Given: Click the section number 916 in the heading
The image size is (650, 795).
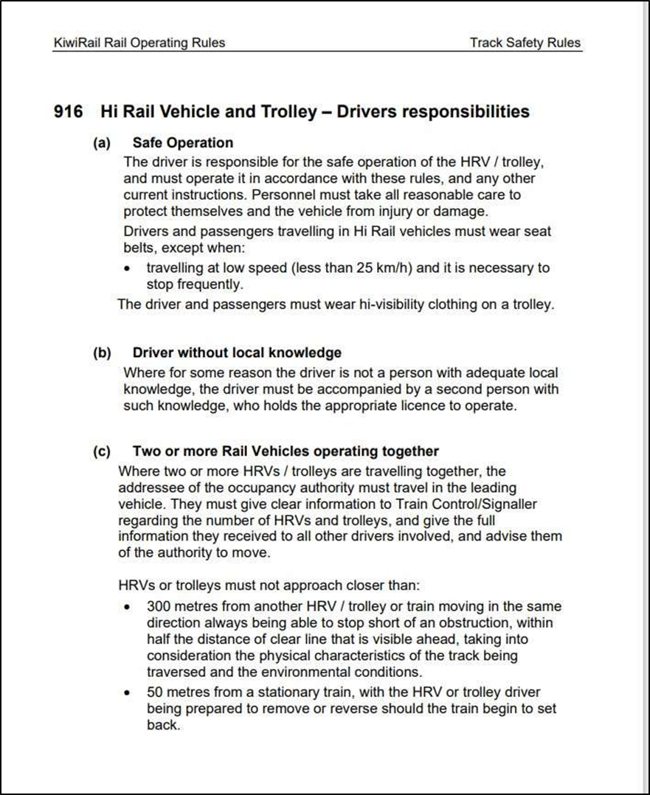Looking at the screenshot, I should pyautogui.click(x=70, y=112).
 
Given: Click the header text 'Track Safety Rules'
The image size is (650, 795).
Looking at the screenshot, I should pyautogui.click(x=525, y=43).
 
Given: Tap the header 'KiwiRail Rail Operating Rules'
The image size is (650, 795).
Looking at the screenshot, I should pyautogui.click(x=139, y=43).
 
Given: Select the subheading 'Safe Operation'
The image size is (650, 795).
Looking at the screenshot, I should pyautogui.click(x=182, y=143).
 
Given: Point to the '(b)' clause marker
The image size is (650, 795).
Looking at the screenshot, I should pyautogui.click(x=102, y=353).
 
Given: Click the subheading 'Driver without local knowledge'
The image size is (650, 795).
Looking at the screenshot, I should pyautogui.click(x=237, y=353).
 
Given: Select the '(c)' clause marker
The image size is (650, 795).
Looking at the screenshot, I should pyautogui.click(x=102, y=451).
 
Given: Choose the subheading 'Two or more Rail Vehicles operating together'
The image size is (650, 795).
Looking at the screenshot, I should pyautogui.click(x=286, y=451).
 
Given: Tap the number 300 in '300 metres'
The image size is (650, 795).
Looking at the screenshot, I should pyautogui.click(x=159, y=607).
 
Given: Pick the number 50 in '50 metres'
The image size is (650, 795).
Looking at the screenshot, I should pyautogui.click(x=155, y=692).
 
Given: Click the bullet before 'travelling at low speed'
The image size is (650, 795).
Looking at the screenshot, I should pyautogui.click(x=129, y=268).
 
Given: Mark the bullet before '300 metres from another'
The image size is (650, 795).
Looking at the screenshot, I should pyautogui.click(x=129, y=608).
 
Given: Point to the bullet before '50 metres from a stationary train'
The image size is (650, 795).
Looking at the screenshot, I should pyautogui.click(x=129, y=693).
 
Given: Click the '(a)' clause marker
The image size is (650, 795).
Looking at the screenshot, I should pyautogui.click(x=102, y=143).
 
